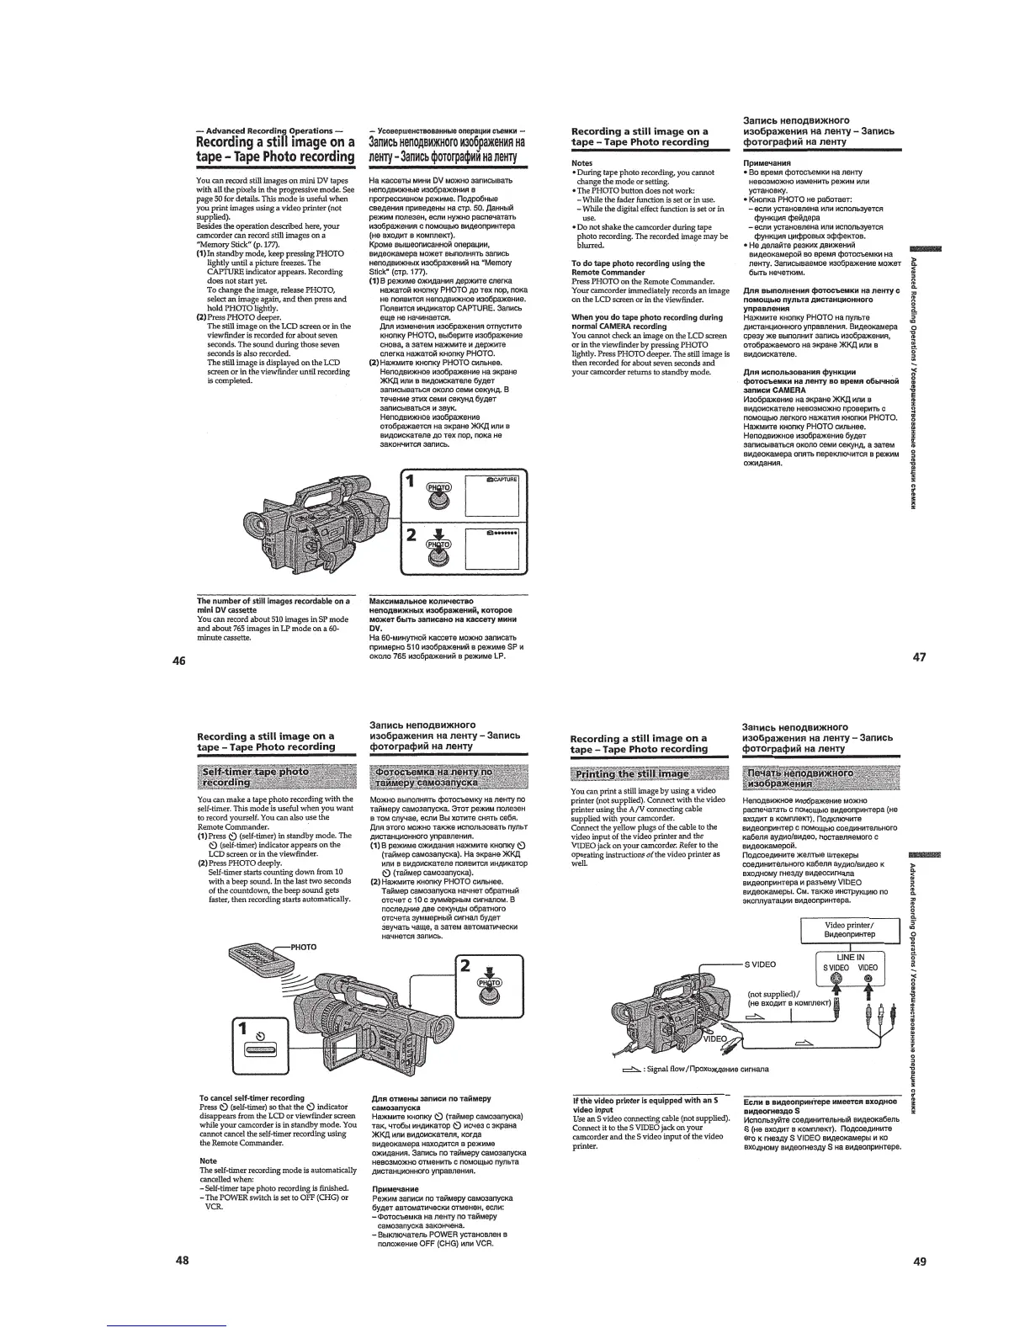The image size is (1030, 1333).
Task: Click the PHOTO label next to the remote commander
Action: coord(303,947)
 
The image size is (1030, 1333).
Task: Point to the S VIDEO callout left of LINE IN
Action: coord(760,964)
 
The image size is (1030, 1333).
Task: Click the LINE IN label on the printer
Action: coord(850,957)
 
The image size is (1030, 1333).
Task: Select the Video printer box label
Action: coord(850,930)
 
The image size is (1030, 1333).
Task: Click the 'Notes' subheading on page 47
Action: coord(581,162)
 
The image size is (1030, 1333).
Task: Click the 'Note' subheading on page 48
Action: coord(208,1160)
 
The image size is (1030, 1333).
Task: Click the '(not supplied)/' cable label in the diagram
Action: coord(774,994)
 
